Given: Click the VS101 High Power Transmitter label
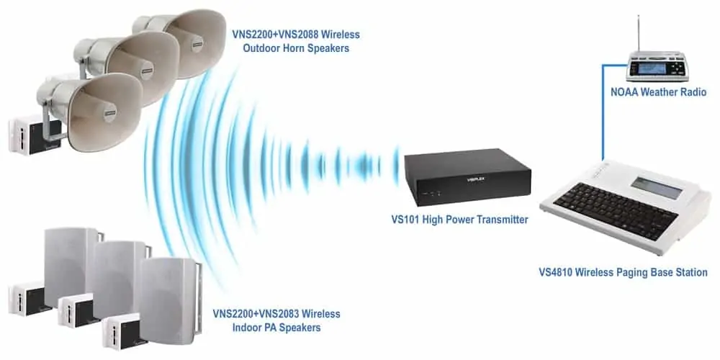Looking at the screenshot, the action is tap(459, 220).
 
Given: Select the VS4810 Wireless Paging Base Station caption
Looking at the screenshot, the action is tap(623, 272).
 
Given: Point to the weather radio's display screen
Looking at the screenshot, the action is tap(649, 68).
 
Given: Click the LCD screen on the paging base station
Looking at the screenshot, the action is tap(656, 187).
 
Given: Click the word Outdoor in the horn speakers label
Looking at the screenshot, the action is tap(263, 48).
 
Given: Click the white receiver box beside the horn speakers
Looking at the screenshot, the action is tap(35, 135).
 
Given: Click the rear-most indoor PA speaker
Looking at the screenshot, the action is tap(73, 266).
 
